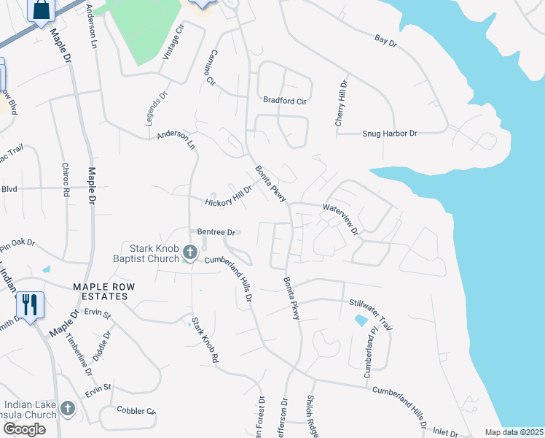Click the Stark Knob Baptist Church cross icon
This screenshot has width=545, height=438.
(190, 253)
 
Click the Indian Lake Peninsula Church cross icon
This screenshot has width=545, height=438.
(68, 409)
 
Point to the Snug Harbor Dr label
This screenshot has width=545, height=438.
(390, 134)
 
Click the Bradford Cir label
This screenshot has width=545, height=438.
(285, 101)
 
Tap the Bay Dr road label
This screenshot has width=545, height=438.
(385, 42)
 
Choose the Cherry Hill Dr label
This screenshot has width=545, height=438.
(341, 103)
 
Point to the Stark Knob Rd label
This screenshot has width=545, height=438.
(205, 340)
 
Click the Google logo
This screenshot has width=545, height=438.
(25, 429)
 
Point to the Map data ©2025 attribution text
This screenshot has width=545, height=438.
(514, 432)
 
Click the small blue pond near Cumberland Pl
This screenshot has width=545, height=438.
(361, 320)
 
